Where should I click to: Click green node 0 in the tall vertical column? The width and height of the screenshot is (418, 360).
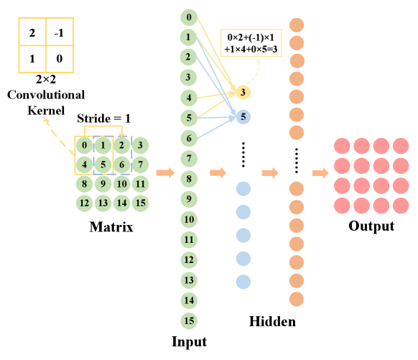189,17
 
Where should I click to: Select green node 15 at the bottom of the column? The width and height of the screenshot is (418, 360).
189,320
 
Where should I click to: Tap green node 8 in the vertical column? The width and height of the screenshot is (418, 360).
189,179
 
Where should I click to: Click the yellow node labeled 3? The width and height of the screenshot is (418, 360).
243,92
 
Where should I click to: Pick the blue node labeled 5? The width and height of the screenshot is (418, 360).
243,116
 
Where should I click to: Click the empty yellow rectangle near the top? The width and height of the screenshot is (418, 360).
251,43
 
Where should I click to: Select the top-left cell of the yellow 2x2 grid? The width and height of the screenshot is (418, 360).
32,32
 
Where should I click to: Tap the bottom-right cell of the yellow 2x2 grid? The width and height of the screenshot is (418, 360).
60,59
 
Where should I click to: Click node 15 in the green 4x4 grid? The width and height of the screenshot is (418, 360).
141,203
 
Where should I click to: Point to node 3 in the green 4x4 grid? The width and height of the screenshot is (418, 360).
141,146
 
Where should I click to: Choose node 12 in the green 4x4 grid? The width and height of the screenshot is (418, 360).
85,203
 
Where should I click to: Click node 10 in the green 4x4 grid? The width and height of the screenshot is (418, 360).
122,184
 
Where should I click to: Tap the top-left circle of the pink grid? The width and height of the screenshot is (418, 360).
343,147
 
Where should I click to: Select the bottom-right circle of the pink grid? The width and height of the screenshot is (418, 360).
401,206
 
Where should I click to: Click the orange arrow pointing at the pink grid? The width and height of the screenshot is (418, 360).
320,173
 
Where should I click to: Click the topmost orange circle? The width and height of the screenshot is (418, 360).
297,25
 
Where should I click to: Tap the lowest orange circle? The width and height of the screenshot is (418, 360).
297,299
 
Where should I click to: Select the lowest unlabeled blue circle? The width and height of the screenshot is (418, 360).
243,282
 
